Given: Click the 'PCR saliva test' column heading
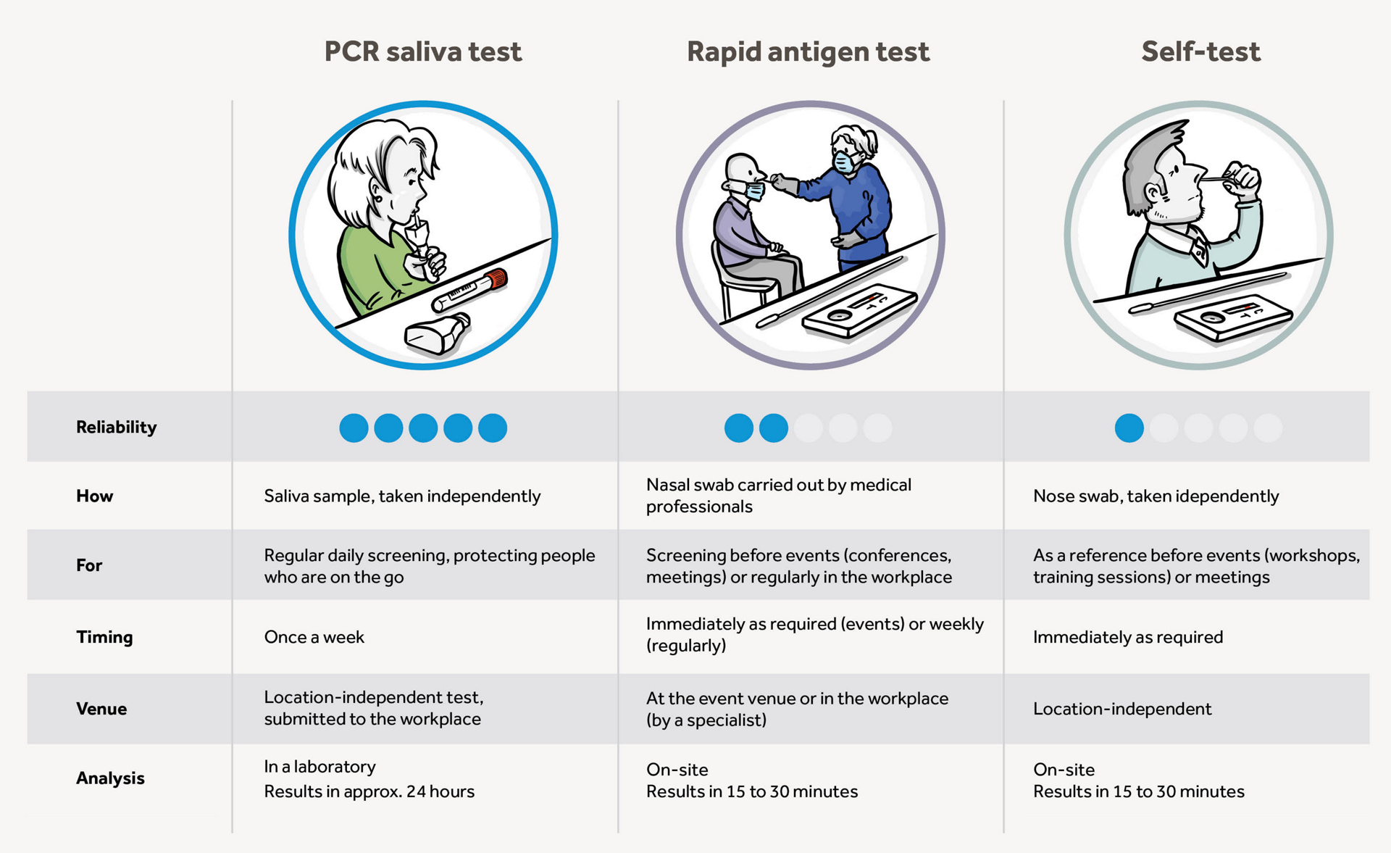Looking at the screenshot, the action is point(423,51).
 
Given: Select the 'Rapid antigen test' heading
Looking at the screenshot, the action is point(808,52).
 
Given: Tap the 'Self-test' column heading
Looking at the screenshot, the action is point(1200,51).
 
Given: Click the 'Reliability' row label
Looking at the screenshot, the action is point(116,427).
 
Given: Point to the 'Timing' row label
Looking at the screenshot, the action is point(104,637).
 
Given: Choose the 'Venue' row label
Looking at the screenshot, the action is point(101,709).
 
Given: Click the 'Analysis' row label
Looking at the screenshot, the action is point(110,778).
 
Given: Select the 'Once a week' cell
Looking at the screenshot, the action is point(314,637).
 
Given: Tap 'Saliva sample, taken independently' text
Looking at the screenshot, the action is point(402,496).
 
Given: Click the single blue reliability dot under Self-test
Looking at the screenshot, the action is point(1129,428).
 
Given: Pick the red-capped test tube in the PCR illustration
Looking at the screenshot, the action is point(469,290).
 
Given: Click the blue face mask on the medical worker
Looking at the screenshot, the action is point(843,162).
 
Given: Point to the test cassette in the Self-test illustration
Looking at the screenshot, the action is point(1233,317).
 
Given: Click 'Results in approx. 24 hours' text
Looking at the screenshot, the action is point(369,791).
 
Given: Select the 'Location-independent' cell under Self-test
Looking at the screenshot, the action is point(1121,709).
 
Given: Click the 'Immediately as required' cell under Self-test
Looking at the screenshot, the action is point(1127,637).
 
